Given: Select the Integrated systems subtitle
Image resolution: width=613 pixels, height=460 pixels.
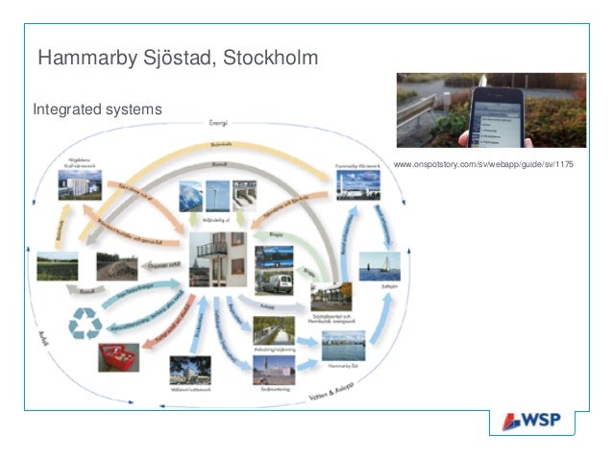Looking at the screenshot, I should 97,110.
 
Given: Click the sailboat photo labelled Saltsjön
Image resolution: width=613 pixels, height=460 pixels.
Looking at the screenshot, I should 379,265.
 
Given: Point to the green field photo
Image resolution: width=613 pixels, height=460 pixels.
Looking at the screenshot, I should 57,267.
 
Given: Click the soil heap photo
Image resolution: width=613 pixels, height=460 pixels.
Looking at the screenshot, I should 116,266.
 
